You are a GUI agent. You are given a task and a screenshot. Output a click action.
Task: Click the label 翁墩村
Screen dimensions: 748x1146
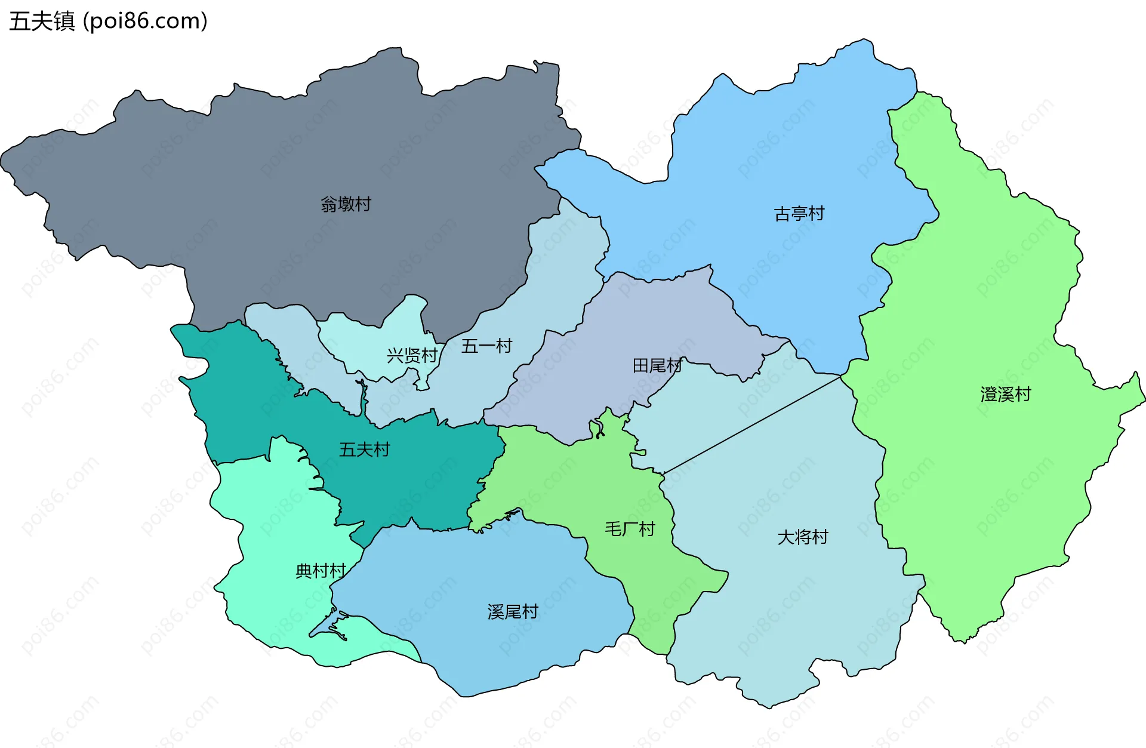[x=346, y=204]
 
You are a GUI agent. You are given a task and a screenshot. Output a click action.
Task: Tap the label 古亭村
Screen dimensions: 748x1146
[x=799, y=214]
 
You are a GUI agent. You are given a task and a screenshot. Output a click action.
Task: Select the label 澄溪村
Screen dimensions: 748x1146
[x=1005, y=394]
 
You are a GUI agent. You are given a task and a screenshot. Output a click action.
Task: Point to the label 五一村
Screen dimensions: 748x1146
[x=486, y=346]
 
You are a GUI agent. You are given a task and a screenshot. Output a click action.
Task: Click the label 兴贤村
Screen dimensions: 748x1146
[x=412, y=356]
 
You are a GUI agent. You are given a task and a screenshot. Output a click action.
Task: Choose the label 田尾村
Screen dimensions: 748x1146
[x=657, y=365]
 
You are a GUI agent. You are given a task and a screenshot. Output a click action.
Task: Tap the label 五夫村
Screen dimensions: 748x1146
[x=364, y=450]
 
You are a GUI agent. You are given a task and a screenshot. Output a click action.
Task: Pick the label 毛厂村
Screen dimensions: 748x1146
[x=630, y=529]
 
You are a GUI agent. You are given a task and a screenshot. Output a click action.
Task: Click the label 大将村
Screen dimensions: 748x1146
[x=802, y=537]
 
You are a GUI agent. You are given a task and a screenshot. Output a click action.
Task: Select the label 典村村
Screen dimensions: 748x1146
[x=321, y=571]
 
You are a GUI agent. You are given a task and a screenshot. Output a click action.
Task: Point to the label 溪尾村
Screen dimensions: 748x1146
[x=513, y=612]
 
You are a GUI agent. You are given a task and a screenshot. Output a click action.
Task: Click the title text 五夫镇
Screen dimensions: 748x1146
[x=42, y=21]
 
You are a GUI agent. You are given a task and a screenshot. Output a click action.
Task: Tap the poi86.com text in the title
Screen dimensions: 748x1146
[x=145, y=21]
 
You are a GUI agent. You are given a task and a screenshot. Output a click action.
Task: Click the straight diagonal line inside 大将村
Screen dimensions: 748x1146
[x=752, y=424]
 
